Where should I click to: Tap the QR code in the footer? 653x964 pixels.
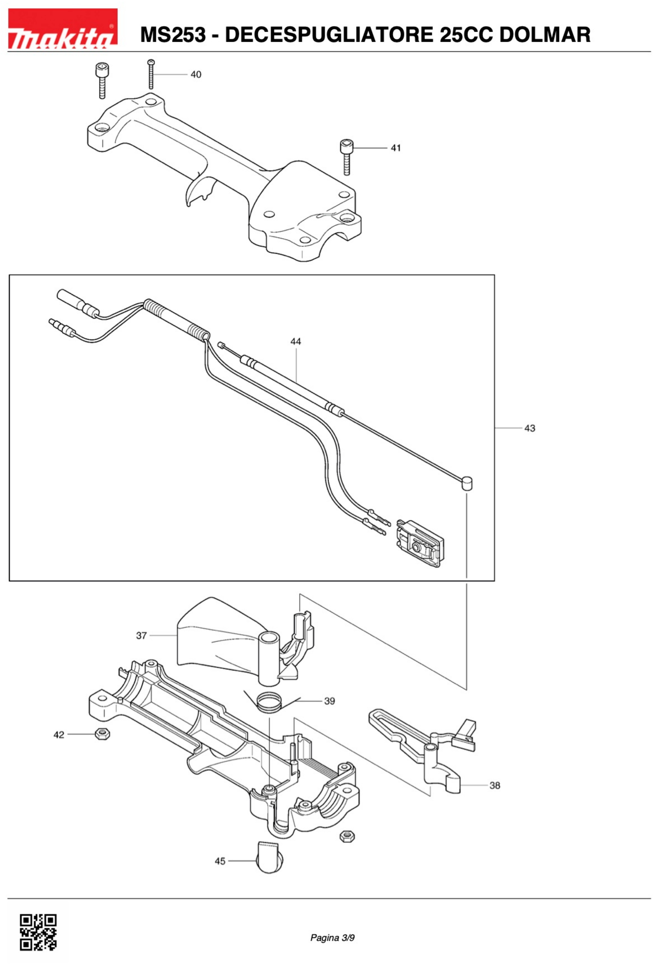pyautogui.click(x=38, y=932)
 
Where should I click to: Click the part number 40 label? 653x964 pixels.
pyautogui.click(x=196, y=75)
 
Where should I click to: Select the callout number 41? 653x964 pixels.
pyautogui.click(x=396, y=148)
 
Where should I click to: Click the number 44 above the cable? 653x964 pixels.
pyautogui.click(x=295, y=341)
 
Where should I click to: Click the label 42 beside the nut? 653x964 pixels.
pyautogui.click(x=59, y=735)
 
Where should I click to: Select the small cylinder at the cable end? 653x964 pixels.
pyautogui.click(x=467, y=483)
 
